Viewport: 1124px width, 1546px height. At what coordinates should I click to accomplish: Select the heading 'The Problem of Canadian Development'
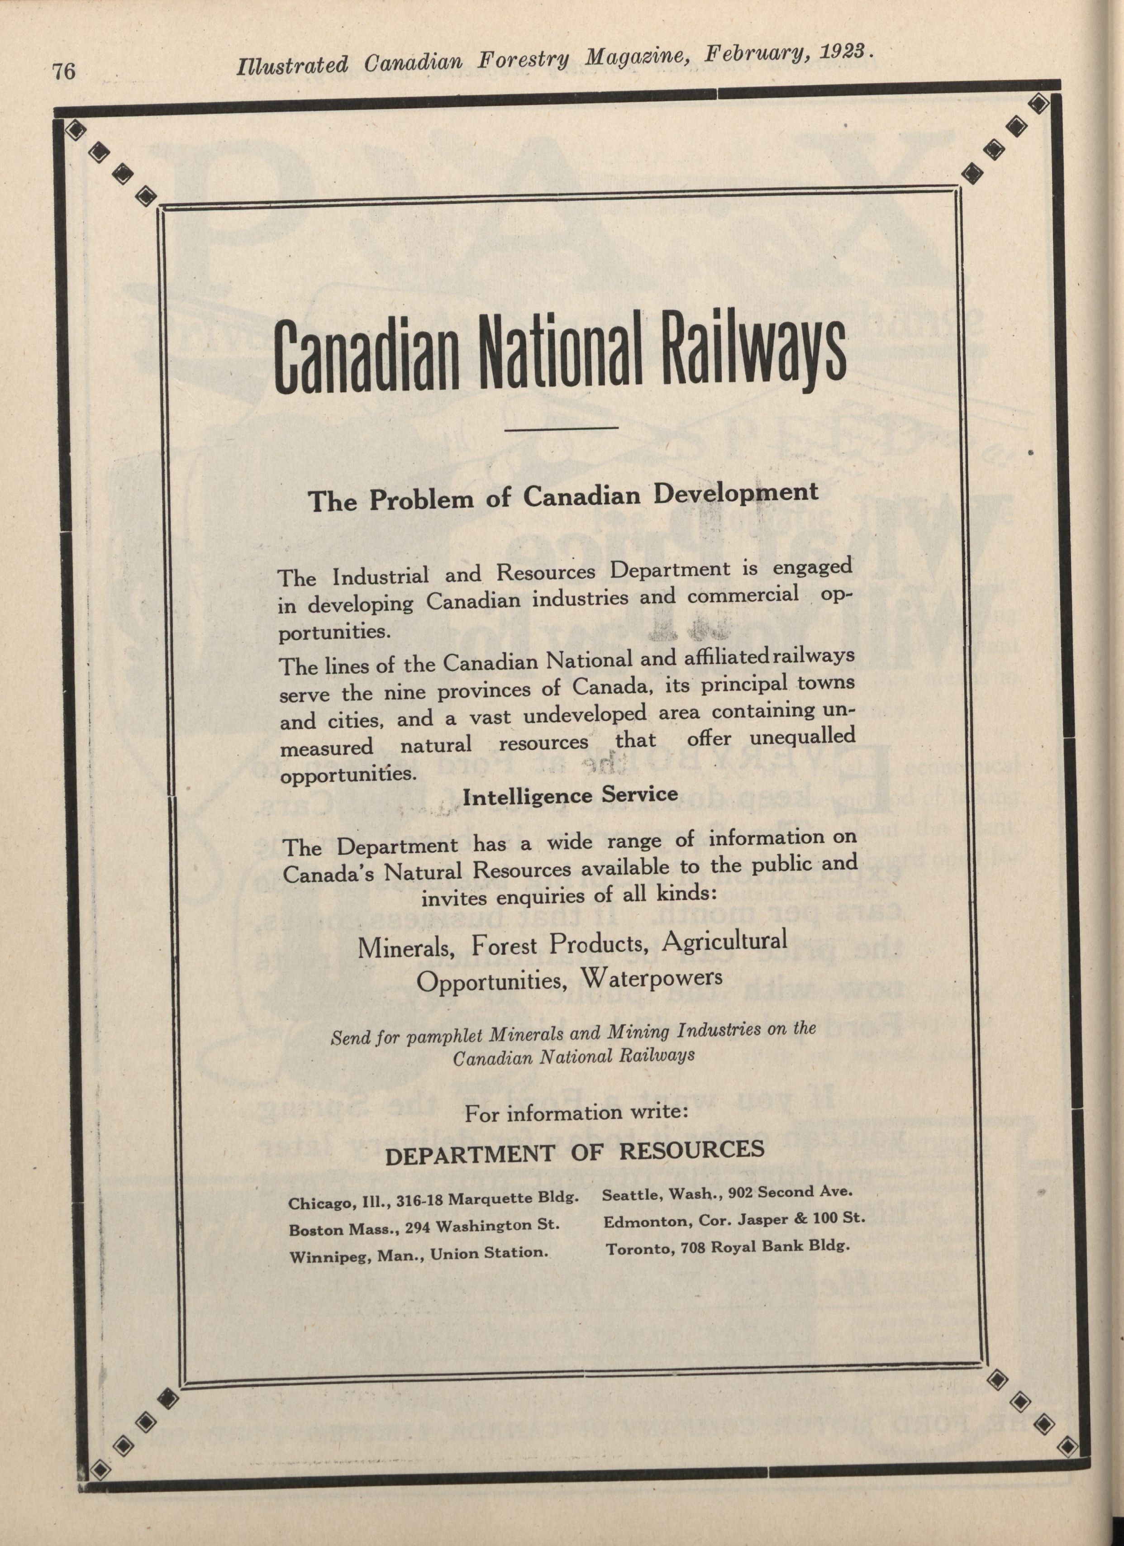click(562, 496)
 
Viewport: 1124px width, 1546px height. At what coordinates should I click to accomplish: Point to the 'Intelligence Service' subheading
click(570, 795)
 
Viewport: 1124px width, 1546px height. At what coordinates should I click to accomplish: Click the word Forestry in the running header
click(523, 60)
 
